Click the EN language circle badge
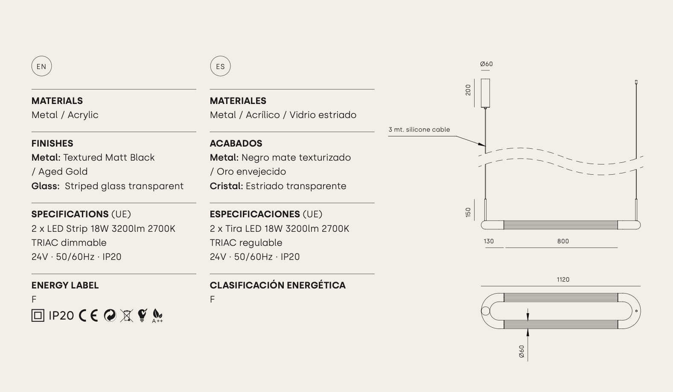coord(41,66)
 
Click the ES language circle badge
coord(220,66)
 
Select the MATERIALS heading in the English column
coord(57,101)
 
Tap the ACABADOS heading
coord(236,143)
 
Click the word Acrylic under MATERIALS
coord(83,115)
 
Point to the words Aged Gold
coord(63,172)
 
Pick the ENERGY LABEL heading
coord(65,285)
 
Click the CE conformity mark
coord(88,316)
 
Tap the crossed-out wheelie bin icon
coord(126,316)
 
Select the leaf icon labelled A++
coord(157,316)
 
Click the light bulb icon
coord(142,316)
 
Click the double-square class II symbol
coord(38,316)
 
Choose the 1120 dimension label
coord(563,280)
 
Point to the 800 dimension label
coord(563,241)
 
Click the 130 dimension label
coord(489,241)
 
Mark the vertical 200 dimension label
coord(468,90)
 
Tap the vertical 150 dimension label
coord(468,212)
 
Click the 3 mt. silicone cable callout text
coord(419,130)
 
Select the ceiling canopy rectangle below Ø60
coord(485,93)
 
